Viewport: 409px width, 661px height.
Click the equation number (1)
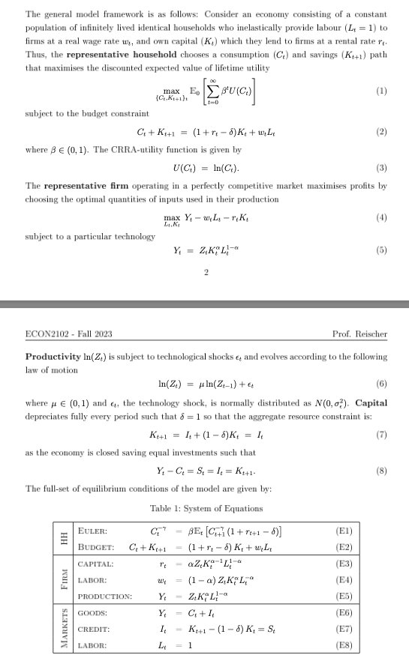(x=382, y=91)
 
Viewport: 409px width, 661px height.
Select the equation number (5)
(x=382, y=250)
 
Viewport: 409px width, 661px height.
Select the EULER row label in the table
(x=93, y=531)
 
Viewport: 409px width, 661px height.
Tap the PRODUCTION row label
(x=105, y=597)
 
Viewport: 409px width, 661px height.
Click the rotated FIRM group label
(x=65, y=580)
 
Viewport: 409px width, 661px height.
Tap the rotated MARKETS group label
(x=65, y=630)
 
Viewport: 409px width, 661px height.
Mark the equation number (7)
(x=382, y=435)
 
